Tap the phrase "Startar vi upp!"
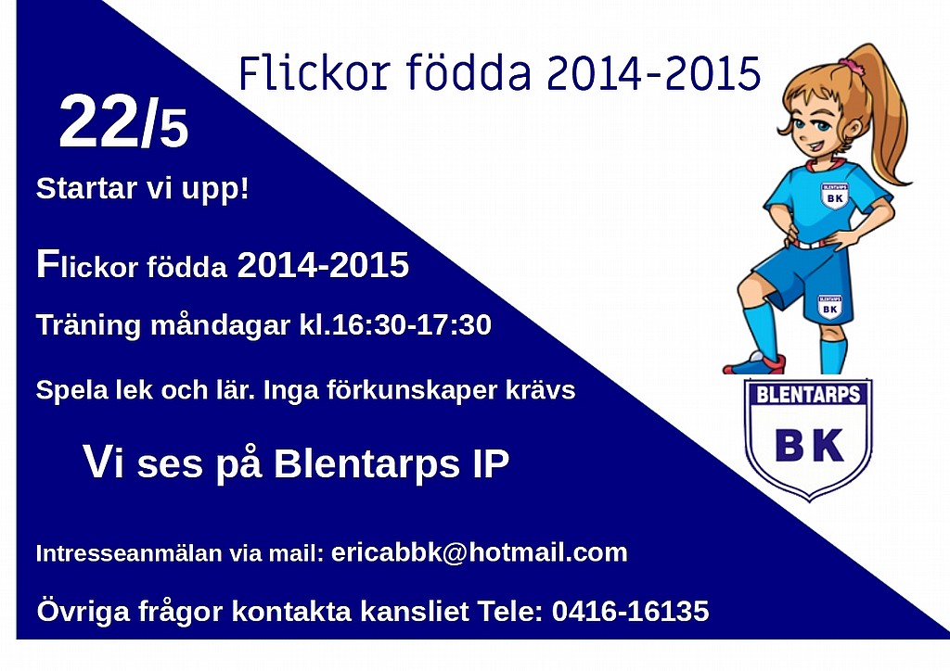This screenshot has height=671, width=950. click(x=142, y=189)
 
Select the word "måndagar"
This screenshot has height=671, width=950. click(x=220, y=326)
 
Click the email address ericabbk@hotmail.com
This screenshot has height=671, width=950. click(x=480, y=552)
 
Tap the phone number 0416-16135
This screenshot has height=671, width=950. click(x=630, y=611)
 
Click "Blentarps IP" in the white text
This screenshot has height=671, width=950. click(x=392, y=464)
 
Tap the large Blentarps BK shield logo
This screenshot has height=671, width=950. click(x=808, y=439)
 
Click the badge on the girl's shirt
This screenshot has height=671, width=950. click(x=835, y=196)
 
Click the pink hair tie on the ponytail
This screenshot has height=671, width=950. click(x=848, y=62)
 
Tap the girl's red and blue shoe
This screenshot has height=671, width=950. click(x=754, y=363)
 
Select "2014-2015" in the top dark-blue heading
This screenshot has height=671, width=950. click(x=653, y=73)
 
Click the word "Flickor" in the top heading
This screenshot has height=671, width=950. click(x=314, y=72)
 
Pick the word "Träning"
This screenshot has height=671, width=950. click(x=88, y=326)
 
